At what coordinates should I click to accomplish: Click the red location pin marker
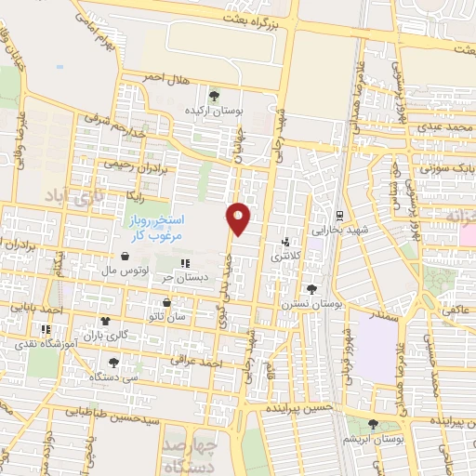point(240,218)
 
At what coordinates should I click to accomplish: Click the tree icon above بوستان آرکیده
point(215,95)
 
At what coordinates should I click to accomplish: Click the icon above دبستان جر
point(184,263)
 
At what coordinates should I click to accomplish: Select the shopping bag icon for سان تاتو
point(166,302)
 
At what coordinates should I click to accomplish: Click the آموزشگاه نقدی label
point(43,343)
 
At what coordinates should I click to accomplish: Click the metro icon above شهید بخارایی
point(341,215)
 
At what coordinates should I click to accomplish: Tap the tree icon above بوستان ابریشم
point(374,424)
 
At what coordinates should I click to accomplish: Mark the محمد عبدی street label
point(438,125)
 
